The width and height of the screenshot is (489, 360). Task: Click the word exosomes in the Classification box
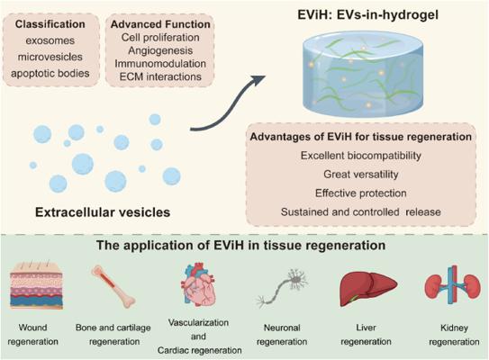point(50,40)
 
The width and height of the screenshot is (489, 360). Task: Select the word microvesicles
point(50,57)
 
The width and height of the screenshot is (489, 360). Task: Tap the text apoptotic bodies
point(50,74)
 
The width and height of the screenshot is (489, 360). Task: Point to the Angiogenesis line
point(160,50)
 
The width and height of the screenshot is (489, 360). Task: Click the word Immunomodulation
point(160,64)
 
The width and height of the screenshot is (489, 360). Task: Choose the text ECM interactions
point(160,76)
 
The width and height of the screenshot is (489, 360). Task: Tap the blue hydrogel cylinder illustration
point(363,74)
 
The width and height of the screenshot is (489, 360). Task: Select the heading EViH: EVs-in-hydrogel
point(367,15)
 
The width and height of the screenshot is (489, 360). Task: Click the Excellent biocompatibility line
point(361,156)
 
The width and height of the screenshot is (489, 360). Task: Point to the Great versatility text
point(361,175)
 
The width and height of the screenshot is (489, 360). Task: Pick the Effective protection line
point(361,193)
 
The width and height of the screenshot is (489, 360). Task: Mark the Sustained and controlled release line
point(361,211)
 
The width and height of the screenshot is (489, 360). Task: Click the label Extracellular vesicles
point(103,212)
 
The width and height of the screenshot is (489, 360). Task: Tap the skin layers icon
point(37,285)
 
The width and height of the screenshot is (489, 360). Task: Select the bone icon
point(113,287)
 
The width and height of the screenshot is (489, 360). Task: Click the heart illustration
point(198,284)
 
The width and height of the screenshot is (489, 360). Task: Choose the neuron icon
point(282,288)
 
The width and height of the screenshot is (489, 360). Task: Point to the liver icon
point(368,287)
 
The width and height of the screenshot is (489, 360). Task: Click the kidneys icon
point(453,285)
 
